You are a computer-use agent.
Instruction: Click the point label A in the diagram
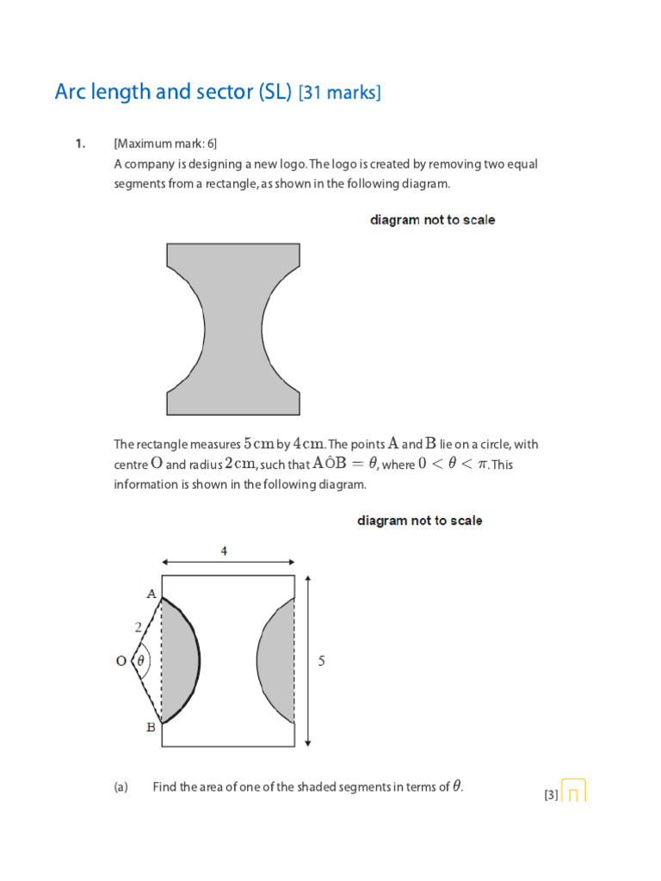(x=151, y=594)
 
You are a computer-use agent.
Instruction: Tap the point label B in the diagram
(x=151, y=727)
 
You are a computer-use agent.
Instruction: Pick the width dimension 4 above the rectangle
(x=224, y=551)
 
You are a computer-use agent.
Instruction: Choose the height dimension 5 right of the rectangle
(x=322, y=662)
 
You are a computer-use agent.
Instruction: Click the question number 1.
(x=79, y=144)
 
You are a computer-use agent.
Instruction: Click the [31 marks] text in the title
(x=338, y=92)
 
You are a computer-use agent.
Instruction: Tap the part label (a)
(x=120, y=786)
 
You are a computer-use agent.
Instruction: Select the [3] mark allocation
(x=551, y=795)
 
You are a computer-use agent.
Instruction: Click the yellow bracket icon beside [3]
(x=574, y=792)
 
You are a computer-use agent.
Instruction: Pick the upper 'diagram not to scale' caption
(x=432, y=220)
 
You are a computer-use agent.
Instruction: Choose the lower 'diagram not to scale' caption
(x=419, y=521)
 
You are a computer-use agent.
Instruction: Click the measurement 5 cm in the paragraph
(x=258, y=444)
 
